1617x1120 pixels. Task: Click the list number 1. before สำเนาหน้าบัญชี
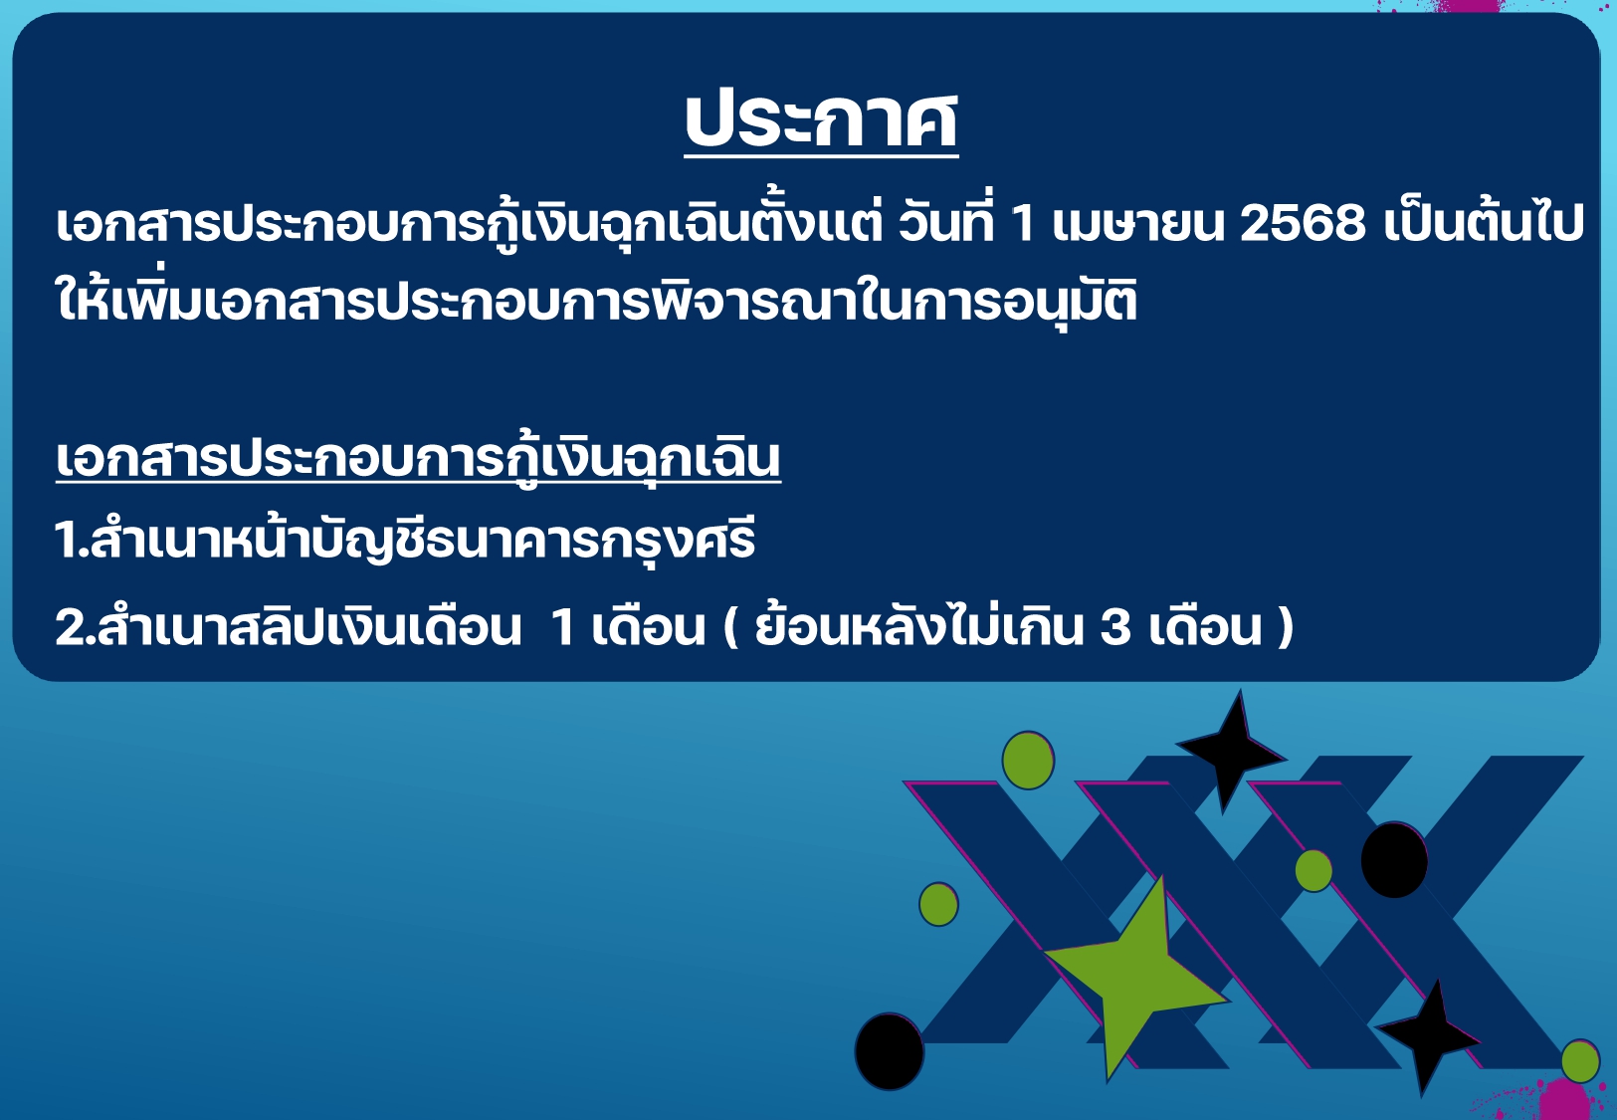pos(72,541)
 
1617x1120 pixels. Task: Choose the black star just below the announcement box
pos(1230,752)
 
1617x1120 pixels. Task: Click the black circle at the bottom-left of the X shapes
pos(890,1051)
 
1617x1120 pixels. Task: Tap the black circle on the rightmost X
pos(1394,860)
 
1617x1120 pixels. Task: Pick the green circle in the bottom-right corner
pos(1580,1061)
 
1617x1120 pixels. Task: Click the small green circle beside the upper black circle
pos(1314,870)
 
